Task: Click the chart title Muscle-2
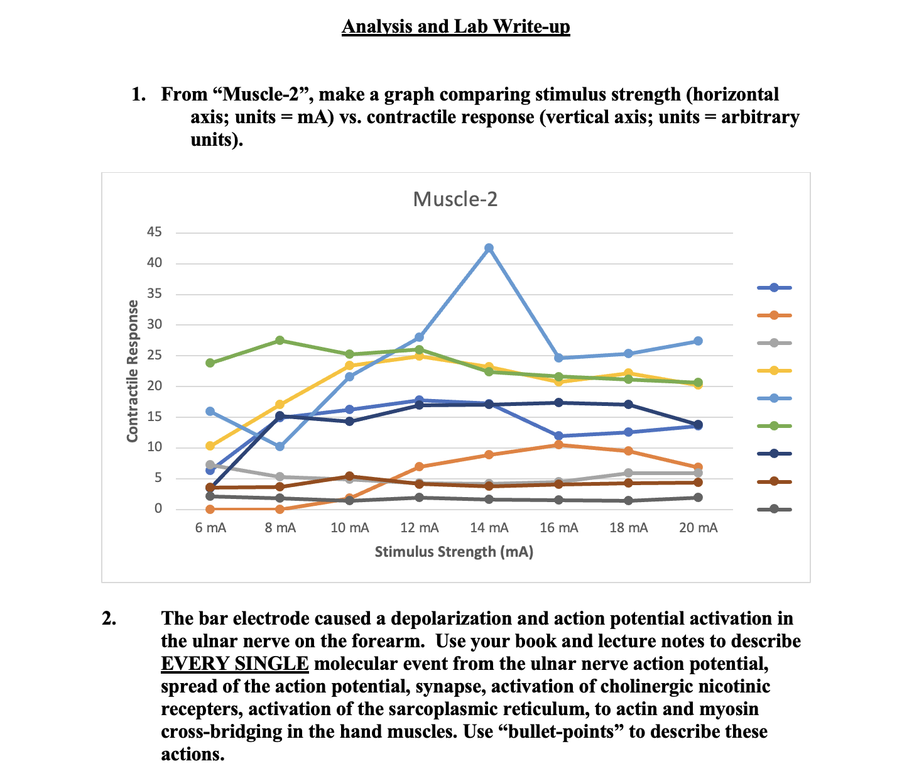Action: (x=455, y=199)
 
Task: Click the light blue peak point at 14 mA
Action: (x=489, y=248)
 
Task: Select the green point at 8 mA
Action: (x=280, y=340)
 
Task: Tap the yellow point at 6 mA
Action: (x=210, y=446)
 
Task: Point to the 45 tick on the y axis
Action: (x=155, y=233)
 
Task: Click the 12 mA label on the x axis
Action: (x=420, y=528)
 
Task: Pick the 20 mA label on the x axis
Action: (x=698, y=528)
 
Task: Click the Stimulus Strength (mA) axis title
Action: (x=454, y=552)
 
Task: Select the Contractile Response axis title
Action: (x=133, y=371)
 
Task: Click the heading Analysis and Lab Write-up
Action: (x=455, y=27)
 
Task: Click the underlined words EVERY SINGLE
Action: (x=235, y=664)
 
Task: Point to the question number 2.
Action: (x=109, y=618)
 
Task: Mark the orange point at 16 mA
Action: (x=558, y=444)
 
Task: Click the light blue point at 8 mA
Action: (x=280, y=446)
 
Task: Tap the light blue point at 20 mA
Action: (x=698, y=341)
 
